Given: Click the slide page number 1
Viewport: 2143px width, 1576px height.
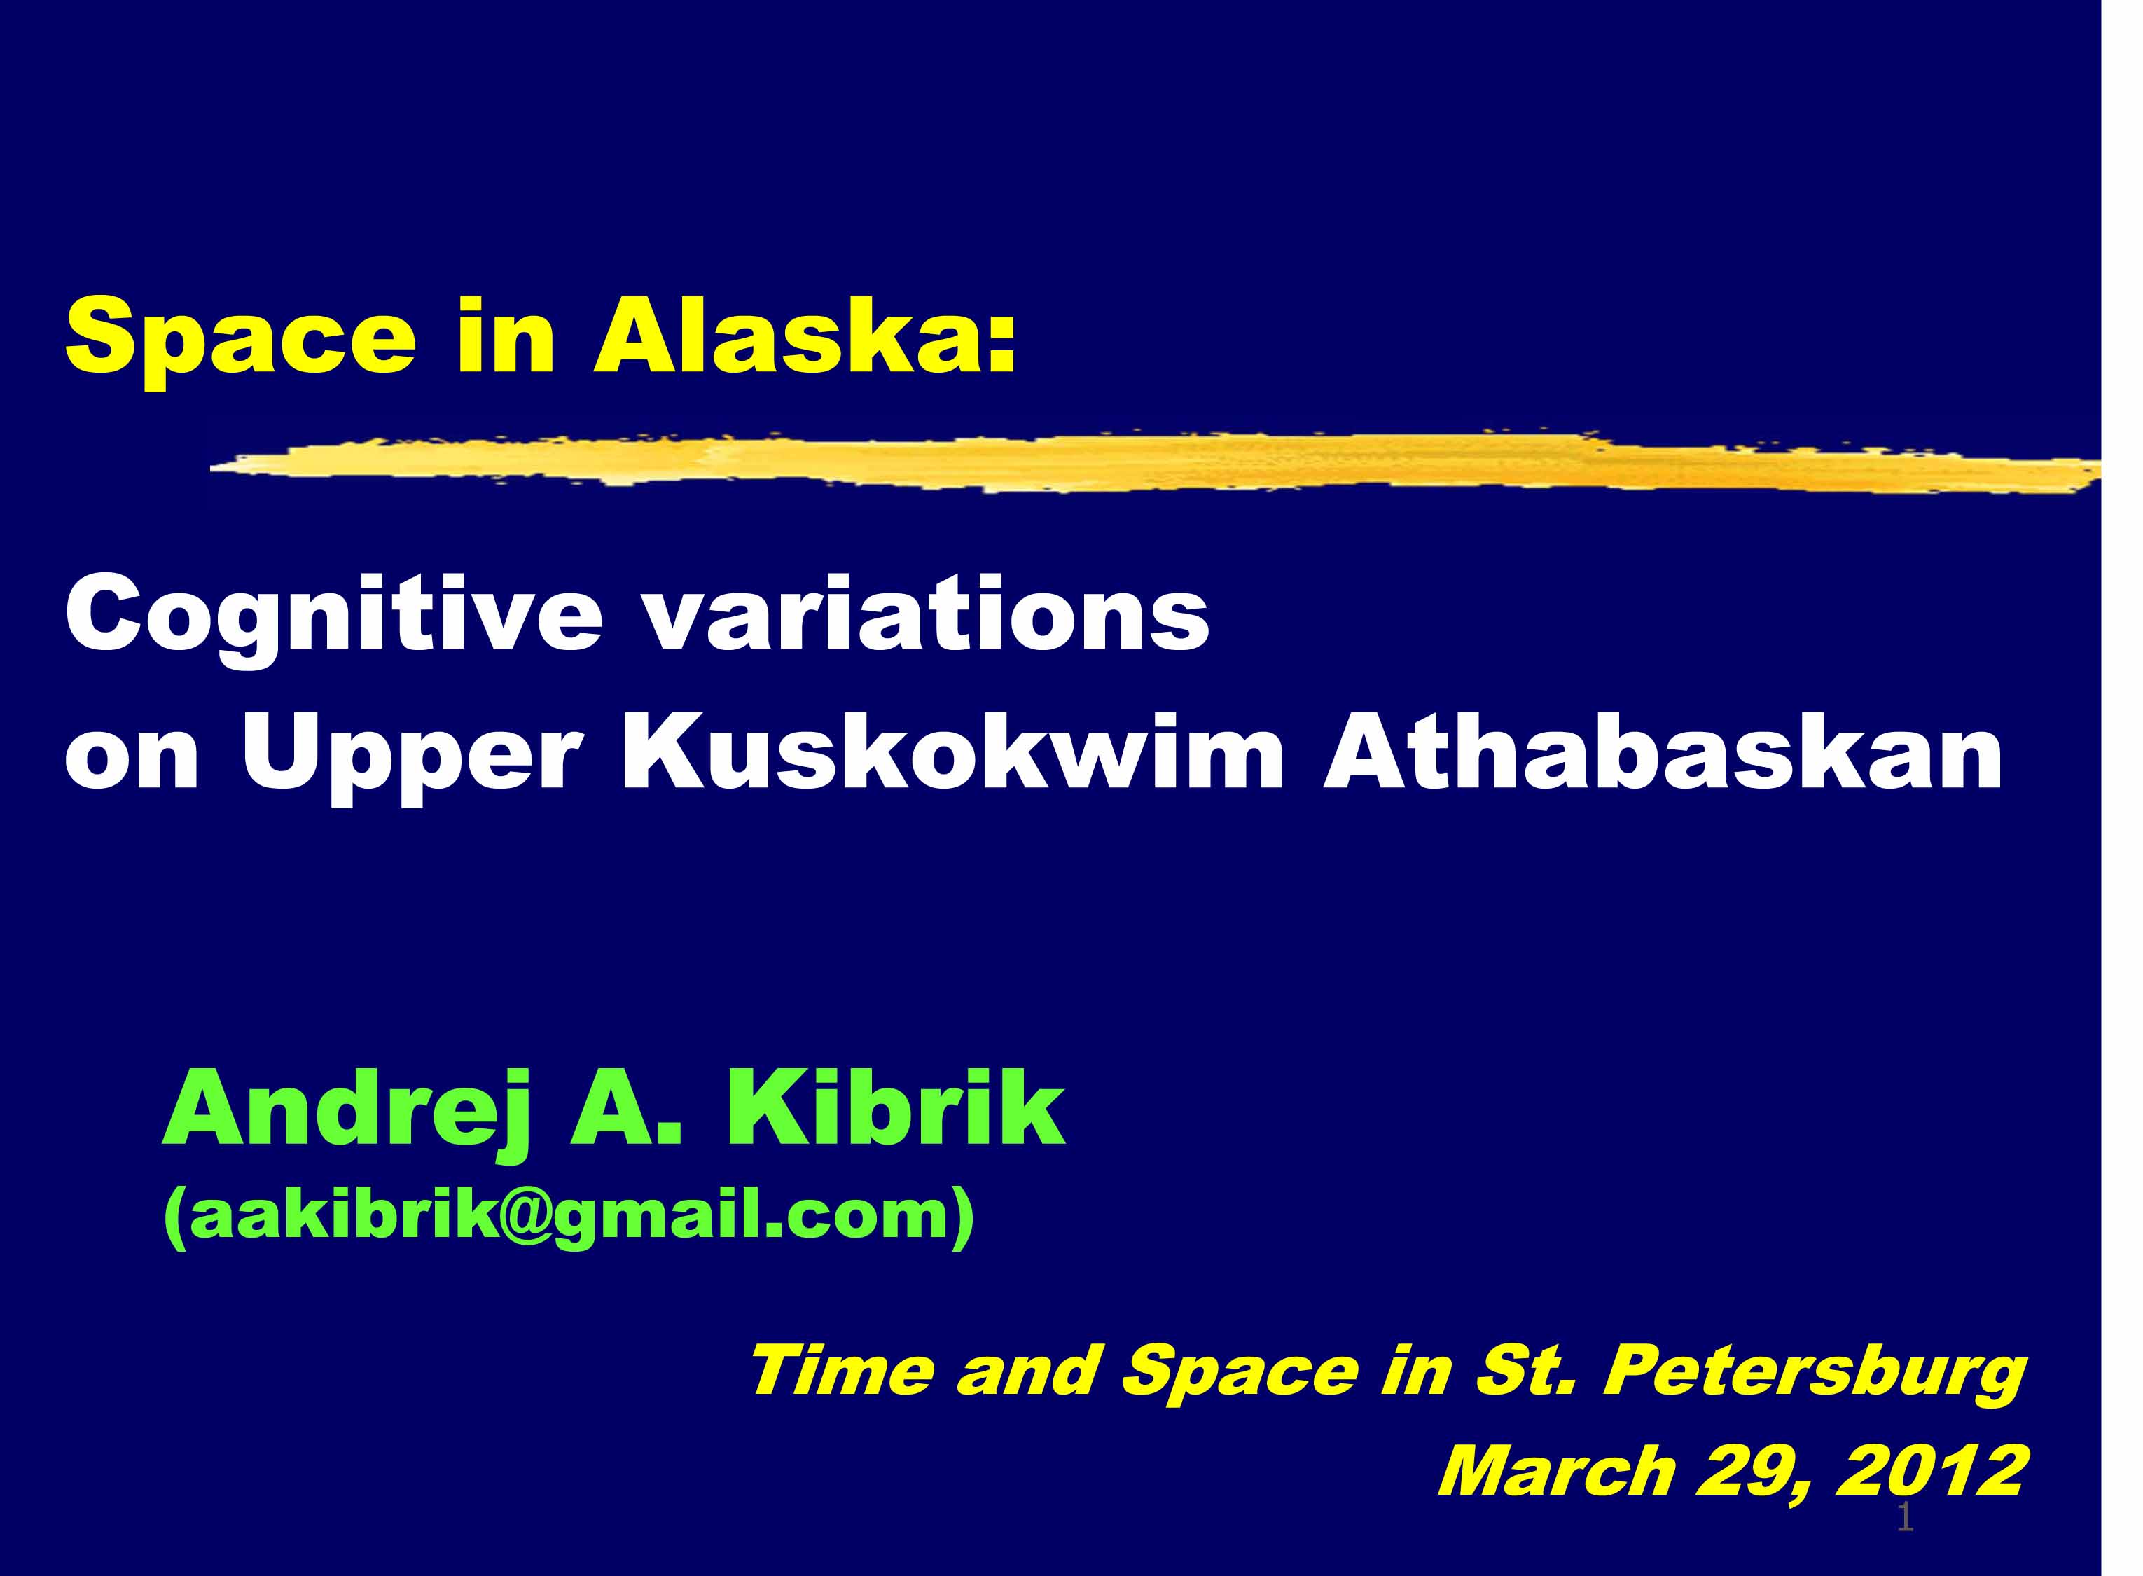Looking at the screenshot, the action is coord(1906,1518).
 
